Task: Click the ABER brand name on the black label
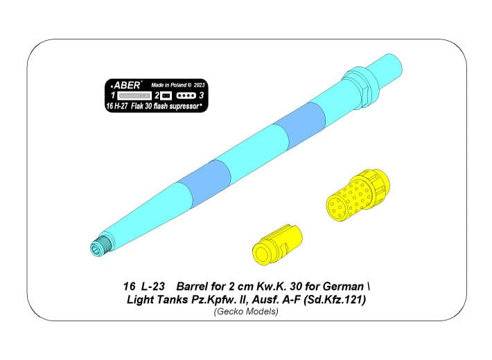tap(127, 85)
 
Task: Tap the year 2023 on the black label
tap(200, 85)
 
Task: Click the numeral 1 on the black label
tap(113, 96)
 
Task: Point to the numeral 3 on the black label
tap(202, 96)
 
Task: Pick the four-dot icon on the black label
tap(186, 96)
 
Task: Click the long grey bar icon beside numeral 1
tap(134, 96)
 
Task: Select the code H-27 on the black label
tap(121, 107)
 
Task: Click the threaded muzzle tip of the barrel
tap(100, 245)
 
